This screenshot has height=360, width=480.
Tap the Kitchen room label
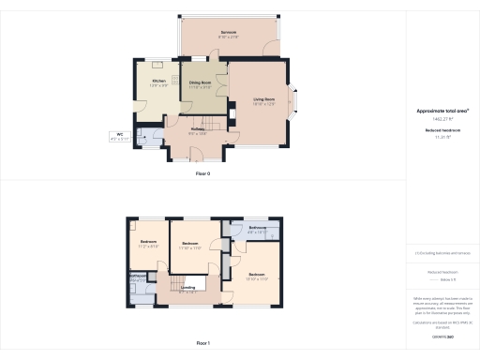point(160,82)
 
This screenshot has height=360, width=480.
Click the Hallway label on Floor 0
point(197,132)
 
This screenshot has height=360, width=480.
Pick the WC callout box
point(120,137)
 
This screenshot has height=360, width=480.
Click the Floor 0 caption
point(202,173)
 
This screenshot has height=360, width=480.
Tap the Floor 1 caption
point(202,344)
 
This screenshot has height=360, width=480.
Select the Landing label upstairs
point(187,289)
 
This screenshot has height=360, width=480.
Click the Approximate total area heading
point(442,111)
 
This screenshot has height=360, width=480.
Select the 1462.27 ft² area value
point(442,119)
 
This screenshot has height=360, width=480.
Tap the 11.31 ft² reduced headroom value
point(442,137)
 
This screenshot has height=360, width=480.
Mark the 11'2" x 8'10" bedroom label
point(148,244)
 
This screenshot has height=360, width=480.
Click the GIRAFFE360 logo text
point(442,335)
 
